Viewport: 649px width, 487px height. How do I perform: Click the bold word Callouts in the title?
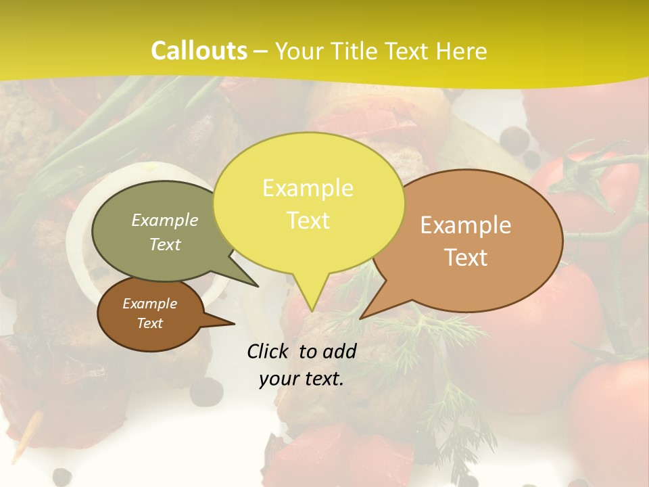coord(199,51)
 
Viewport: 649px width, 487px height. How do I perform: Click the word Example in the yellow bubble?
coord(308,188)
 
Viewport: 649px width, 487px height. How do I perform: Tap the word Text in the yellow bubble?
coord(308,220)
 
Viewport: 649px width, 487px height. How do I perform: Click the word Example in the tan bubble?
coord(466,225)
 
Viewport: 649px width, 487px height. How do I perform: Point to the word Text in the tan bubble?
coord(466,258)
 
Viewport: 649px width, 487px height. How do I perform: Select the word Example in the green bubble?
coord(164,220)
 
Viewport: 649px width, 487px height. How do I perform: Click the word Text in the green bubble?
coord(164,244)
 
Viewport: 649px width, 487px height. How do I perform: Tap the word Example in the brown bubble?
coord(149,304)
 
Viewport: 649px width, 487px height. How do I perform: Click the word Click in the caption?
coord(268,351)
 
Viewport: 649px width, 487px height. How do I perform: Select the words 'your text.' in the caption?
coord(301,379)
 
